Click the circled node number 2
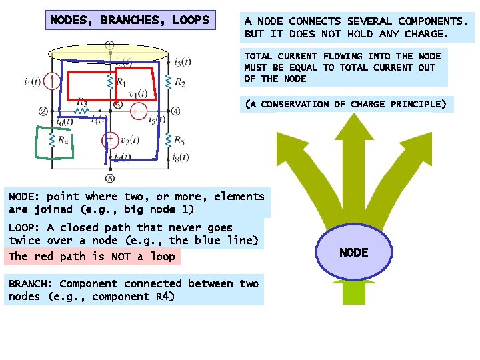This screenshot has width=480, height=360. tap(43, 111)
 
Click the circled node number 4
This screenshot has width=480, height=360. tap(176, 111)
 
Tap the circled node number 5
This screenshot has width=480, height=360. tap(109, 178)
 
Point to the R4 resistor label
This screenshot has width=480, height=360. tap(62, 140)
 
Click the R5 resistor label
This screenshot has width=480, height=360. tap(179, 140)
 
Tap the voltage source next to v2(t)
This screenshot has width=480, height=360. tap(109, 140)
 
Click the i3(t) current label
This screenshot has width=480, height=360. tap(182, 63)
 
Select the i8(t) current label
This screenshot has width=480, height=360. tap(180, 157)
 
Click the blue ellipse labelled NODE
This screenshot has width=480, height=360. tap(353, 252)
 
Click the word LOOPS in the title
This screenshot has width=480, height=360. tap(191, 20)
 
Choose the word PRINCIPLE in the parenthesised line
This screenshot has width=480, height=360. tap(419, 104)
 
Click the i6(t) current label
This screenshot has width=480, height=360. tap(65, 122)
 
